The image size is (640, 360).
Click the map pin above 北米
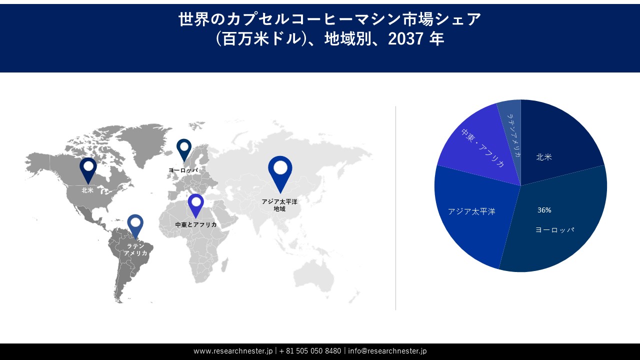88,169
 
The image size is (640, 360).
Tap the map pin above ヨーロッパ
184,148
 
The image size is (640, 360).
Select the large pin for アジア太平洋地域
280,171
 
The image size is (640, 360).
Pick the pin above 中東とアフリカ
195,204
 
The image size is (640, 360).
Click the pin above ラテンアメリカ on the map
135,224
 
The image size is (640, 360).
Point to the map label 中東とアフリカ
196,225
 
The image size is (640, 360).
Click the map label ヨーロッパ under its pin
183,170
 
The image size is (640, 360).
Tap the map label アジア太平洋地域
279,205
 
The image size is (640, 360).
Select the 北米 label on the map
87,190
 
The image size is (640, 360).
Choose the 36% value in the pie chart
544,210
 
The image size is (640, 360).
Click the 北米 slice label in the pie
544,157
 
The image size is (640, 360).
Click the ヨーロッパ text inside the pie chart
554,230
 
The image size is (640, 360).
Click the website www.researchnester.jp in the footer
233,351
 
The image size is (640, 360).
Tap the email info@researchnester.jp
387,351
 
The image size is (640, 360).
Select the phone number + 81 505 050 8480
310,351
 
